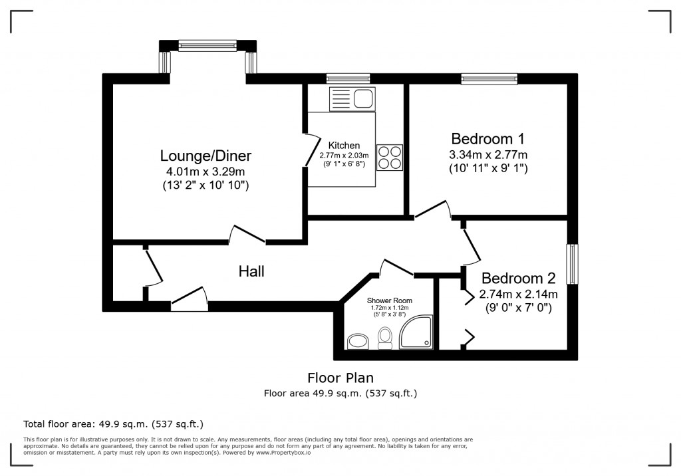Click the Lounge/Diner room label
pos(206,156)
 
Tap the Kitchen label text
pos(344,146)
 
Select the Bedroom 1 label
pos(487,138)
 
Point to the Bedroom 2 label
pos(519,278)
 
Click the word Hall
pos(251,271)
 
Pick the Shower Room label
pos(390,300)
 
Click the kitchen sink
pos(352,98)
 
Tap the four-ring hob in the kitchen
pos(390,157)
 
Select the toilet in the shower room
pos(384,338)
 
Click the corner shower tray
pos(416,332)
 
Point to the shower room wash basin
pos(358,341)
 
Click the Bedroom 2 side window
pos(573,264)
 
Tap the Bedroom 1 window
pos(489,78)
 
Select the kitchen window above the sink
pos(348,78)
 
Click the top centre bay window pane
pos(207,46)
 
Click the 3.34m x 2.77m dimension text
pos(488,155)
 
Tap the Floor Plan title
pos(340,378)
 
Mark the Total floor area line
pos(113,424)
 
